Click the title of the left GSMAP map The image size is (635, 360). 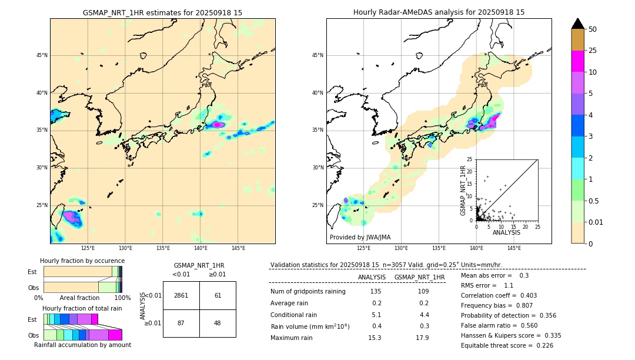click(162, 12)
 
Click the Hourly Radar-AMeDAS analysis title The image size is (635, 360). click(439, 12)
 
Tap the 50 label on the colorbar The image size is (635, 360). click(593, 29)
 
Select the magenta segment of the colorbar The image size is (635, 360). click(578, 61)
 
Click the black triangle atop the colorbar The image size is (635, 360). click(578, 24)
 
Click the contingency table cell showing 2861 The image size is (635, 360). click(181, 295)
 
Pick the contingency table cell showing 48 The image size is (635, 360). click(218, 323)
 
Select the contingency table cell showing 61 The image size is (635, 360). click(218, 295)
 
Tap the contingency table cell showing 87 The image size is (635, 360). click(181, 323)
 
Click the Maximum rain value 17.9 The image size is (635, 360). click(422, 338)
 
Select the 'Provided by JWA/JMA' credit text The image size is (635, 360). click(360, 237)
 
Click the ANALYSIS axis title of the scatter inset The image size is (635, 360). click(506, 232)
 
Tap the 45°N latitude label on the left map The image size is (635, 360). click(42, 55)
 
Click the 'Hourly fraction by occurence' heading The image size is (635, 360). click(82, 261)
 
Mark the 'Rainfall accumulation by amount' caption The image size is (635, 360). click(82, 345)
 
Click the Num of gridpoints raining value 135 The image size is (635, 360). click(375, 291)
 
